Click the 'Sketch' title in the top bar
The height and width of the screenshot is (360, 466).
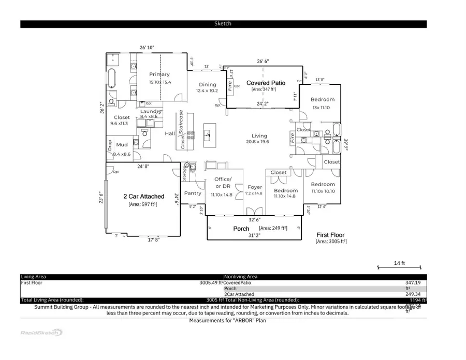pos(223,24)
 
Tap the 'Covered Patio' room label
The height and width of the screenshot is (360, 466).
pos(266,83)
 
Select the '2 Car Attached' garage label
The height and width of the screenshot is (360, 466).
pos(143,197)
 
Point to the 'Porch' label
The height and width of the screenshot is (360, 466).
pos(241,228)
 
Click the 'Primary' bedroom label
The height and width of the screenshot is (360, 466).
pos(159,74)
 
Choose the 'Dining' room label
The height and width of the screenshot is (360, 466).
pos(208,85)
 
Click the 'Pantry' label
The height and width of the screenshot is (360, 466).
pos(193,193)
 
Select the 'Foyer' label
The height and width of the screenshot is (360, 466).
pos(255,187)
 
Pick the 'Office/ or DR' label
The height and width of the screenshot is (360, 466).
pos(223,183)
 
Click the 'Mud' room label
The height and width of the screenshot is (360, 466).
pos(122,145)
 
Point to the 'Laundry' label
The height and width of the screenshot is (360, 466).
pos(151,111)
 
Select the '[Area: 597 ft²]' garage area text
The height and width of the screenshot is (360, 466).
pos(143,205)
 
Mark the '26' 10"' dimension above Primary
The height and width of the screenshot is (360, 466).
pos(147,48)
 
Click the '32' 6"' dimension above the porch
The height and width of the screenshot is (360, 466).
pos(254,219)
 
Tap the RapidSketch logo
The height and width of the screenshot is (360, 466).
pos(41,333)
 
